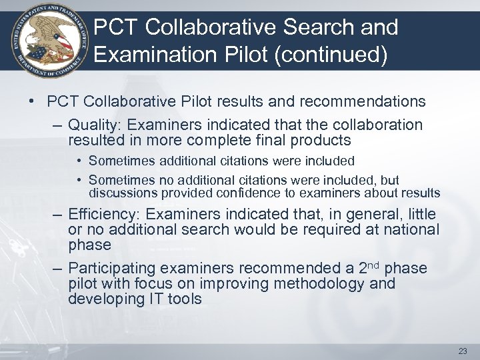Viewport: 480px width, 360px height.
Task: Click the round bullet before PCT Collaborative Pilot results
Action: [x=32, y=102]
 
